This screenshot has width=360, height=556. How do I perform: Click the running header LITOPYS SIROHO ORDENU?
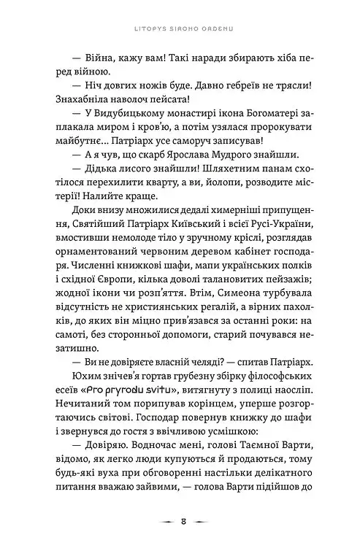pyautogui.click(x=180, y=29)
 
